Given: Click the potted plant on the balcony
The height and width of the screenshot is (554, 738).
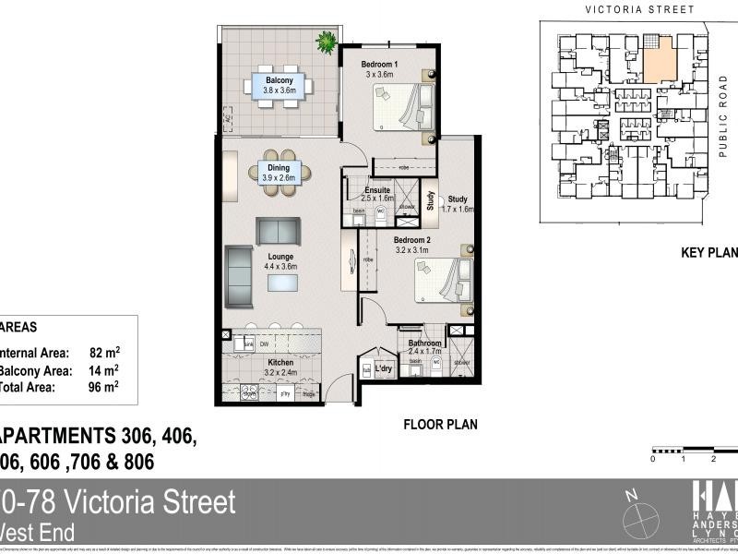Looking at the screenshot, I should [x=327, y=42].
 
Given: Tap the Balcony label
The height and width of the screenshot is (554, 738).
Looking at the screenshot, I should [x=280, y=80].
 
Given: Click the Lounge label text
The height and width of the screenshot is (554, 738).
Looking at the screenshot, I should [x=280, y=257].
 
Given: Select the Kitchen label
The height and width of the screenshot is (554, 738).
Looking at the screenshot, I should [x=280, y=362].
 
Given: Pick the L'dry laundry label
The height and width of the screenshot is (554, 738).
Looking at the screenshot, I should [x=385, y=369].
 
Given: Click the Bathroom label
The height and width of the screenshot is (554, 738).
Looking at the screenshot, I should [x=425, y=343].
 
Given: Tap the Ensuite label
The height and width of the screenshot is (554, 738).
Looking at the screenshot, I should [x=377, y=191].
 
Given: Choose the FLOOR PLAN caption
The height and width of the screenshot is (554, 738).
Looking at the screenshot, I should [x=440, y=426].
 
